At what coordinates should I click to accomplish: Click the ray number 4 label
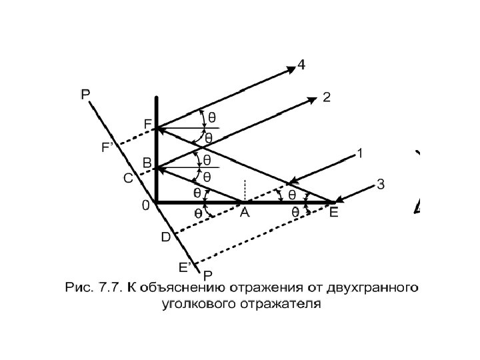pos(302,65)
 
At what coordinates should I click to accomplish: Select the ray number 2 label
pos(326,97)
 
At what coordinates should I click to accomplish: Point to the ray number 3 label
pos(380,185)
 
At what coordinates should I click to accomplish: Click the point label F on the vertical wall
pos(147,125)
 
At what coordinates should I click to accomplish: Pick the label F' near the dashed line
pos(107,148)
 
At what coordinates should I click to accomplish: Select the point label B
pos(147,163)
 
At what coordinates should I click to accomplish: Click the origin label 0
pos(145,207)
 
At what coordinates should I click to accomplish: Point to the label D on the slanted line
pos(165,237)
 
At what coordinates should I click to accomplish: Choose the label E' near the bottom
pos(185,267)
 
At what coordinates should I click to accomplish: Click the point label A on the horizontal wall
pos(245,213)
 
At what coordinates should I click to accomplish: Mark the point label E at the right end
pos(333,213)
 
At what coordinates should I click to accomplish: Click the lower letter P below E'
pos(208,275)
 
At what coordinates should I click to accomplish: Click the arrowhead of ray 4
pos(291,67)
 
